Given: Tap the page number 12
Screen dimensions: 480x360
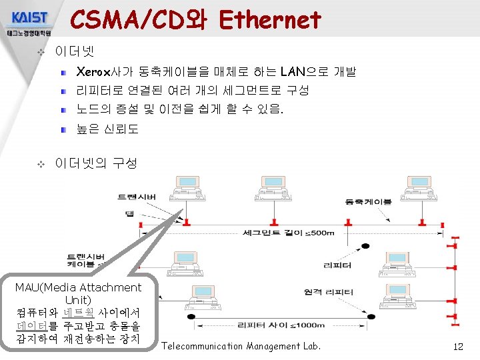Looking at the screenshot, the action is click(x=457, y=346).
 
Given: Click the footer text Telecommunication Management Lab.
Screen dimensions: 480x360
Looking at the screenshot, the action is click(x=241, y=346).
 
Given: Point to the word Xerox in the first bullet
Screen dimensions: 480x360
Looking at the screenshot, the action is click(x=93, y=71).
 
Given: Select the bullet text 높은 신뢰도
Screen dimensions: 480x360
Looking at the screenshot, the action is click(x=107, y=129).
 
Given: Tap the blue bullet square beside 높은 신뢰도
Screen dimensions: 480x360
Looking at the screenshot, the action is click(x=63, y=128).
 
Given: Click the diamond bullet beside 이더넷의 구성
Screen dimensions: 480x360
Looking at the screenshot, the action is click(x=41, y=163).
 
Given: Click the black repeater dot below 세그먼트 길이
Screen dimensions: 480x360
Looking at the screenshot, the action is click(x=365, y=247).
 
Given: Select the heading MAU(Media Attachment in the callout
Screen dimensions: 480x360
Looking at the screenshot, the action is click(x=79, y=287).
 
